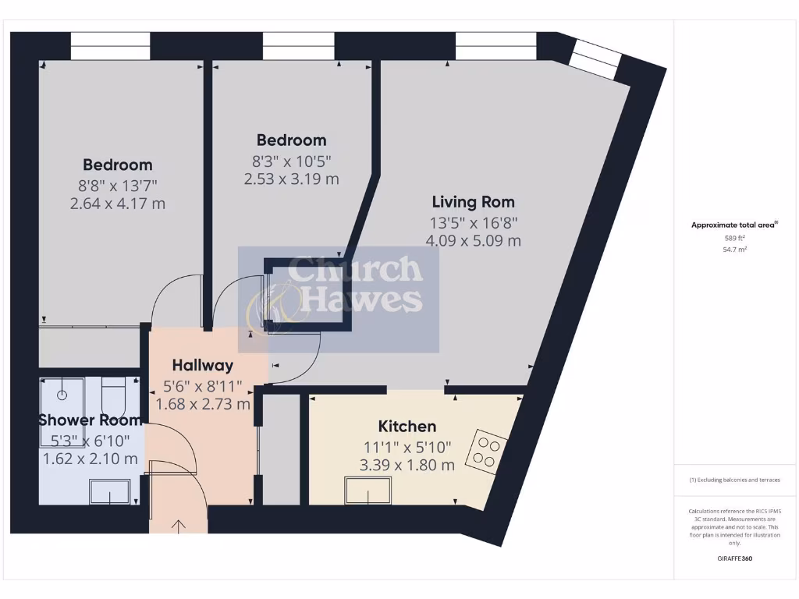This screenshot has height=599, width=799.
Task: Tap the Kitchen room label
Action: [x=407, y=427]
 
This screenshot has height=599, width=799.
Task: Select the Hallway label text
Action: [x=203, y=365]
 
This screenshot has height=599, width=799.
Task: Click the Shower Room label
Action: [x=89, y=420]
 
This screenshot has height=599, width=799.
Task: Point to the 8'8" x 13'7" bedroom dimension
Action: [x=118, y=185]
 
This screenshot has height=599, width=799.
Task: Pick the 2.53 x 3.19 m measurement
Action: [x=291, y=179]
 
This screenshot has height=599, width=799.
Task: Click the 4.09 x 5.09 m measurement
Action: [x=473, y=240]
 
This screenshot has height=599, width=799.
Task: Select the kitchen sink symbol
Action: [x=368, y=491]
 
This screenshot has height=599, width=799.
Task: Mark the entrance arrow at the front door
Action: [x=178, y=526]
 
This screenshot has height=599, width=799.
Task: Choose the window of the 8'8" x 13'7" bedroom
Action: [x=110, y=46]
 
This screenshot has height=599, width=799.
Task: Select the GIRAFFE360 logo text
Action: [x=734, y=558]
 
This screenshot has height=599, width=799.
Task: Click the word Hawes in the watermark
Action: [x=361, y=299]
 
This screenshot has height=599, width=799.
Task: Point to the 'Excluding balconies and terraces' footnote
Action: [x=734, y=480]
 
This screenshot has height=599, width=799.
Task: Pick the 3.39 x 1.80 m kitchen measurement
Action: [x=407, y=466]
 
